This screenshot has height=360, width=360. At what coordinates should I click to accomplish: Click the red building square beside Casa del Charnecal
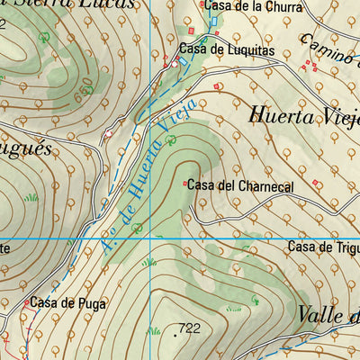pyautogui.click(x=185, y=184)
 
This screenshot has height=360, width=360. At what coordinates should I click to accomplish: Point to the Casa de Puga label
pyautogui.click(x=67, y=303)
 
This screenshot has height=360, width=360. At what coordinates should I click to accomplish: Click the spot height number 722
pyautogui.click(x=189, y=329)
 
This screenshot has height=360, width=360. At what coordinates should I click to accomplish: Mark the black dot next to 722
pyautogui.click(x=175, y=334)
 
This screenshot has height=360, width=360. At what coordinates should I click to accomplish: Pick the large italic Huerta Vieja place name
pyautogui.click(x=301, y=118)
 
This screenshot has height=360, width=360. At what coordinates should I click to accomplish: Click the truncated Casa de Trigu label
pyautogui.click(x=323, y=247)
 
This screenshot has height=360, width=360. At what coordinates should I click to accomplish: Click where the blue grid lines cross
pyautogui.click(x=149, y=237)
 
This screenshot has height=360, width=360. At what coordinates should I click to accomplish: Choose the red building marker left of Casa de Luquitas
pyautogui.click(x=174, y=64)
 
